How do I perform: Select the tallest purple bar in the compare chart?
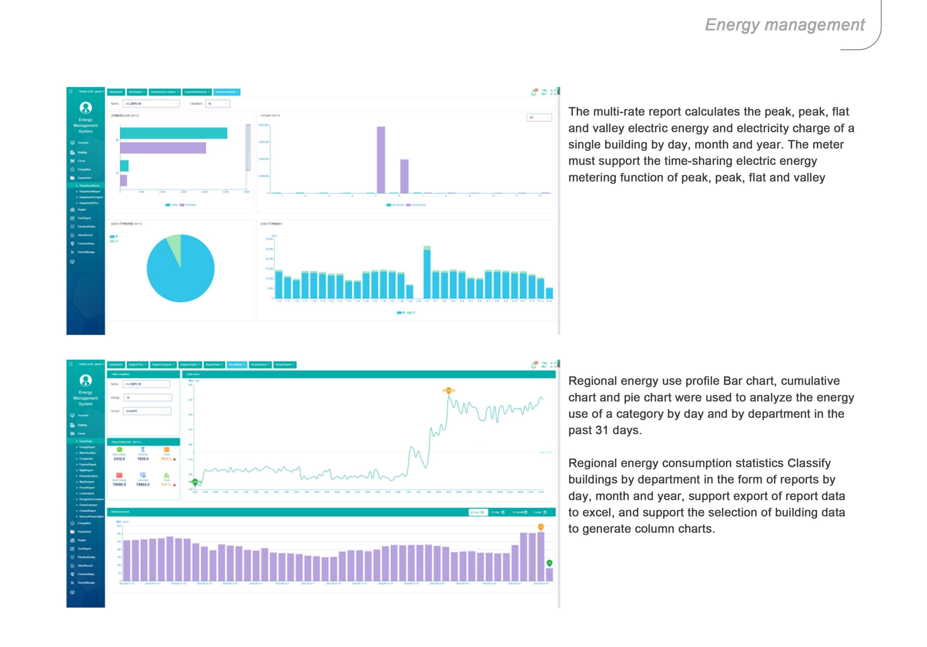(381, 160)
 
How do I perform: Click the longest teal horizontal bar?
(173, 133)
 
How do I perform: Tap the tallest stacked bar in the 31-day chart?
(427, 273)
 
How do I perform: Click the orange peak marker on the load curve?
(449, 391)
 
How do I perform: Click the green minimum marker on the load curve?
(196, 482)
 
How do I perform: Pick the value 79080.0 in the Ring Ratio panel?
(119, 485)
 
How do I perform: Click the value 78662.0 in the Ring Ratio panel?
(143, 485)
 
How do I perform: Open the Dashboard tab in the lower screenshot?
(116, 365)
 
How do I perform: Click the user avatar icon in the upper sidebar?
(85, 108)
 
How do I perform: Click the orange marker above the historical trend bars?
(541, 527)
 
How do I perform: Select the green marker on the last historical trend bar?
(549, 563)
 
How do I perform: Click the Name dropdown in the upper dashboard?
(151, 104)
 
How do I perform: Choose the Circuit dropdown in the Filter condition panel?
(147, 411)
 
